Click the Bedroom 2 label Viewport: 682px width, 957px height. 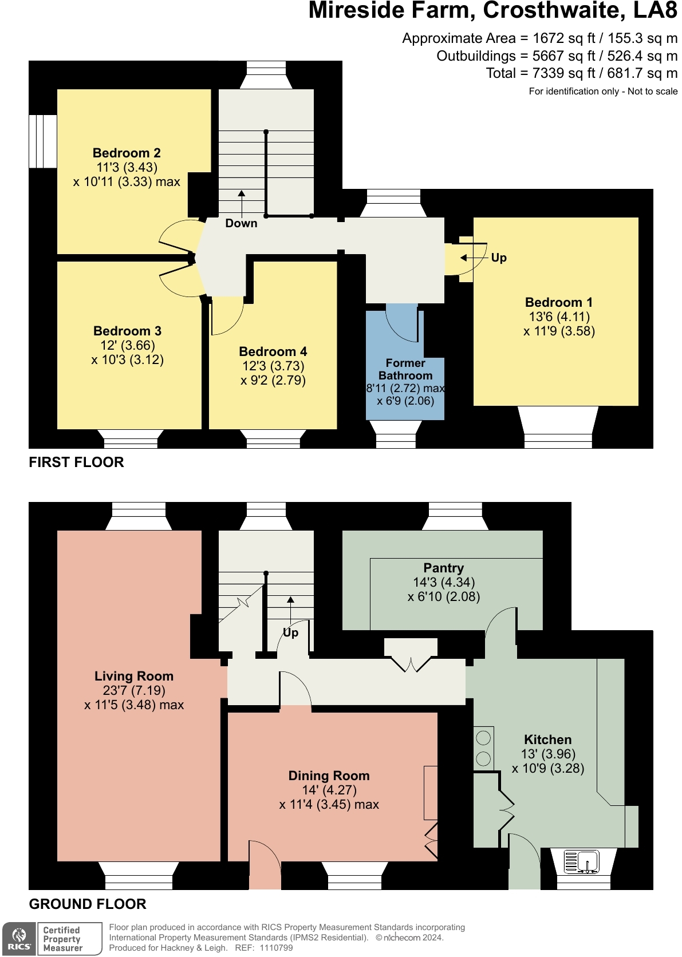pyautogui.click(x=127, y=153)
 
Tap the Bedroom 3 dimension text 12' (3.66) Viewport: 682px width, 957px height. pyautogui.click(x=127, y=345)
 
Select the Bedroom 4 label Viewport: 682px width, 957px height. pyautogui.click(x=273, y=351)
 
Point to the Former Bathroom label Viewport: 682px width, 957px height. pyautogui.click(x=405, y=369)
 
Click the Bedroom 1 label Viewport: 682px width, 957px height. pyautogui.click(x=558, y=302)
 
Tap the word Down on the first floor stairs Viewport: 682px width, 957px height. pyautogui.click(x=241, y=223)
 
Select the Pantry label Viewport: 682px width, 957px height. pyautogui.click(x=443, y=568)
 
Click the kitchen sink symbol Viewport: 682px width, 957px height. pyautogui.click(x=581, y=861)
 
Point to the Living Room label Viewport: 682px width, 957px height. pyautogui.click(x=133, y=676)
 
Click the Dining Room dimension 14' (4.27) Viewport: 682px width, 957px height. pyautogui.click(x=329, y=790)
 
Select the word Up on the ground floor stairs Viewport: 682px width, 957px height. pyautogui.click(x=290, y=632)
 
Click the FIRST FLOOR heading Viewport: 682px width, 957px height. pyautogui.click(x=76, y=462)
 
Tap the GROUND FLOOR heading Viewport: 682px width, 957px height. pyautogui.click(x=88, y=904)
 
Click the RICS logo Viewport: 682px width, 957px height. pyautogui.click(x=19, y=939)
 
